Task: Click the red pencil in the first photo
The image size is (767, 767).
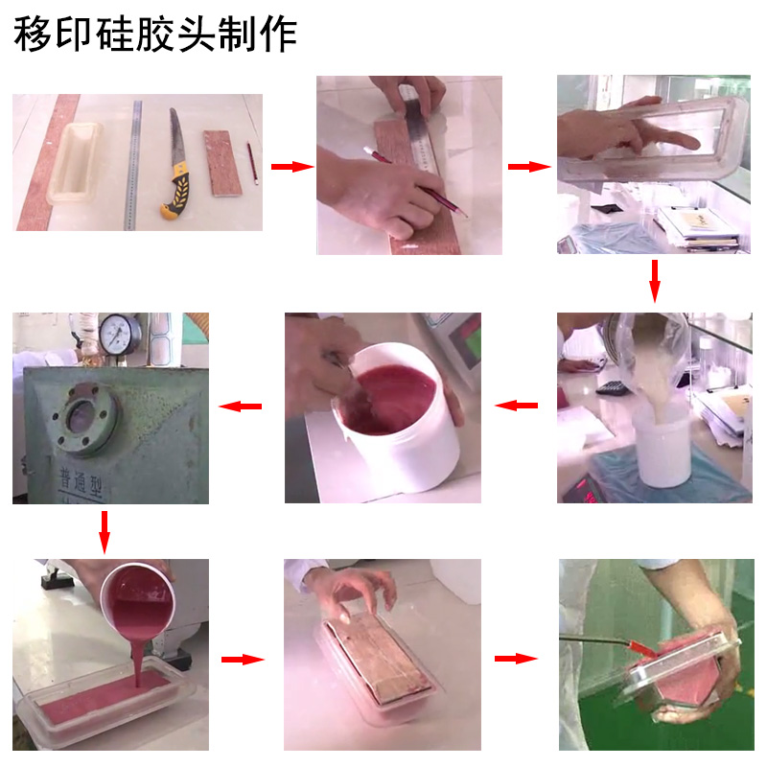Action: pos(253,163)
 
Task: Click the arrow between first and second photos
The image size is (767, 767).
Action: pos(291,167)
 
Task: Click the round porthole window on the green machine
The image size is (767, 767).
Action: pos(86,419)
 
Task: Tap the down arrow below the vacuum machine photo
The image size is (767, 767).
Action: pos(105,529)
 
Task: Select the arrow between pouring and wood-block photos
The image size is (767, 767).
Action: pos(242,660)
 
